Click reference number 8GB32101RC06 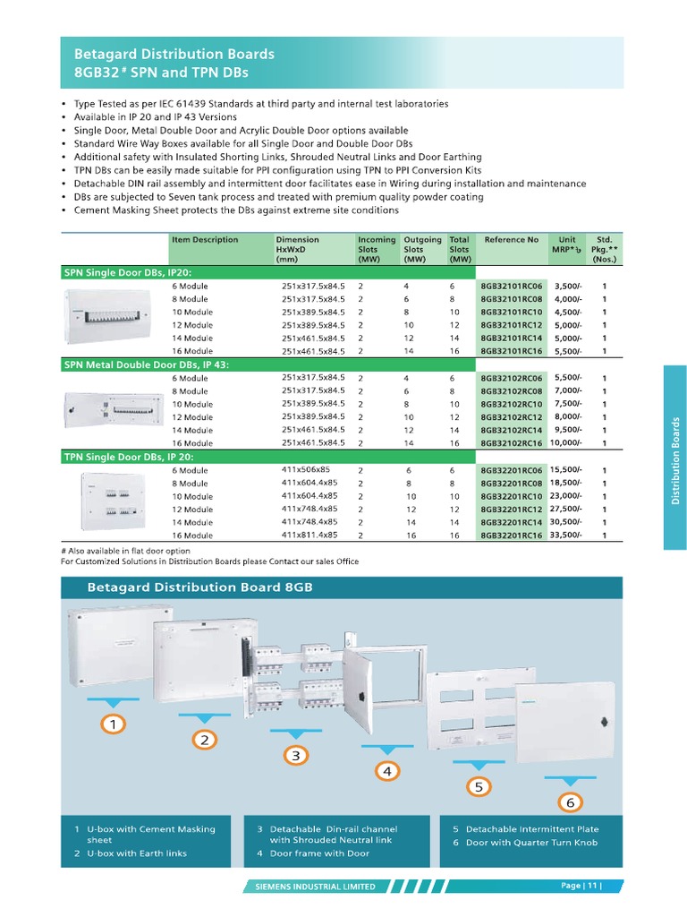click(x=511, y=286)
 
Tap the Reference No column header click(x=511, y=240)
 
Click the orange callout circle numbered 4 click(x=386, y=770)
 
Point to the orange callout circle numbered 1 click(x=113, y=723)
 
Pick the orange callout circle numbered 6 click(x=569, y=802)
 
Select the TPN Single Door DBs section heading click(x=128, y=457)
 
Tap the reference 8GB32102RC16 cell click(x=511, y=443)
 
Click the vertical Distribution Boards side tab click(x=676, y=458)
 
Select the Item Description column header click(x=205, y=240)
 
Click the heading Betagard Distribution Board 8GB click(x=199, y=587)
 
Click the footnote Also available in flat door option click(x=129, y=551)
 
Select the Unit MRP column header click(x=567, y=244)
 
